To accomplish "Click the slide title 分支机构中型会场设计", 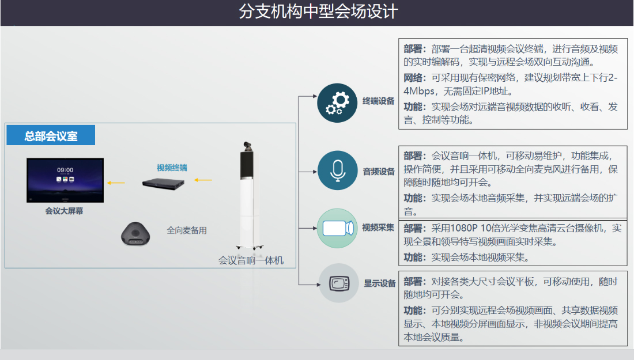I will [318, 12].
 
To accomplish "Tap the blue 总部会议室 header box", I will [51, 137].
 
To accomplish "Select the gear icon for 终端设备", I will [338, 102].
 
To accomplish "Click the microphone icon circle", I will [338, 170].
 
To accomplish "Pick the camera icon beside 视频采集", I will [338, 228].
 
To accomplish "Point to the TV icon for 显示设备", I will [338, 283].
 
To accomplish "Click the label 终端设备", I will [379, 101].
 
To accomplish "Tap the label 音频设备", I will [379, 171].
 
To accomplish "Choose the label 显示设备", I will [380, 283].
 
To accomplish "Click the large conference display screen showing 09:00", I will [65, 180].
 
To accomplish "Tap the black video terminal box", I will [165, 183].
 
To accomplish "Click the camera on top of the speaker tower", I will [247, 143].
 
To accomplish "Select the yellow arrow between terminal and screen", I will [117, 183].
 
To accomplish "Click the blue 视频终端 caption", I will [172, 168].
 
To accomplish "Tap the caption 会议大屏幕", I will [64, 211].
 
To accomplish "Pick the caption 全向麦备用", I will [187, 230].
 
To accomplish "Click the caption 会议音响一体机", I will [251, 260].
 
